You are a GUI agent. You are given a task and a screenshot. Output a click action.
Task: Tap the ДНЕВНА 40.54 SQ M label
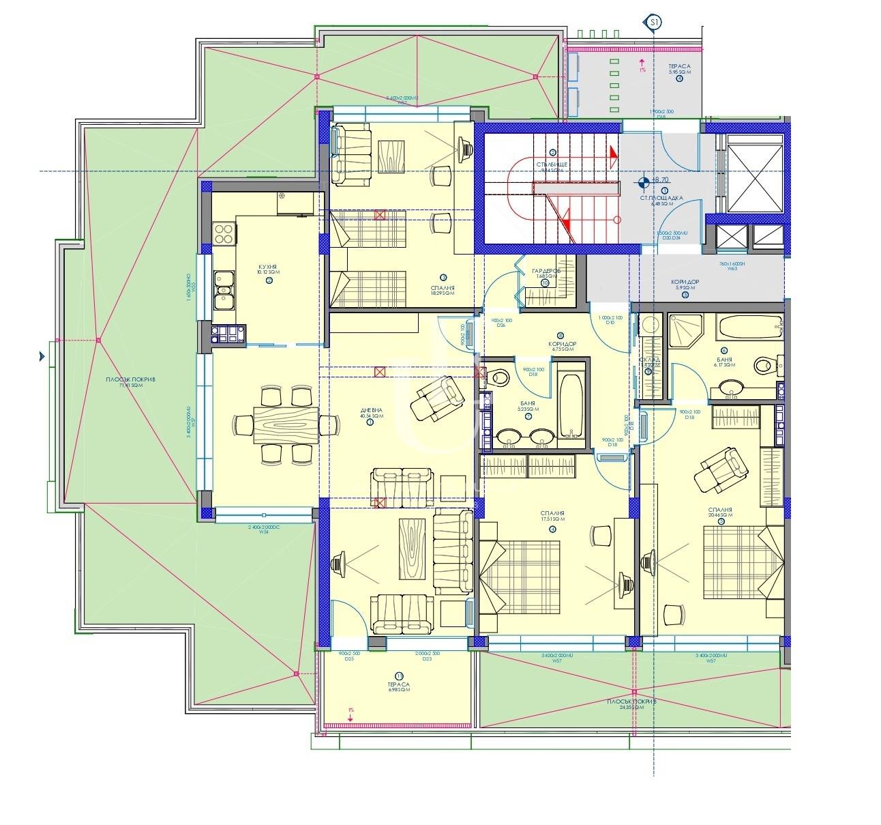click(372, 412)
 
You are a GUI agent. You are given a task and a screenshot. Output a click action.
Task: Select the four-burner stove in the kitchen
click(224, 234)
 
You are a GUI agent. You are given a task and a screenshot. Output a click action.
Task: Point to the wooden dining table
click(286, 426)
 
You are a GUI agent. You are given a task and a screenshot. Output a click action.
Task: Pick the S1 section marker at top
click(653, 23)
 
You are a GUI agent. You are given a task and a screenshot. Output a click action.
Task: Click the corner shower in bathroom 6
click(687, 332)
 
